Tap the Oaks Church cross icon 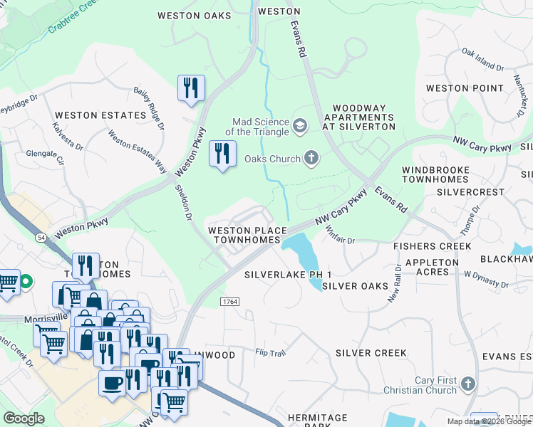coord(311,158)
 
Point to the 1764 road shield coord(229,302)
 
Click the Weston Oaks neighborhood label coord(194,15)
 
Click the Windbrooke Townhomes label coord(435,175)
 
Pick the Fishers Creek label coord(433,246)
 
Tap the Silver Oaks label coord(355,286)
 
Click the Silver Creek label coord(371,353)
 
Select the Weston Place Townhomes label coord(247,236)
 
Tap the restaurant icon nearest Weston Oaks coord(191,88)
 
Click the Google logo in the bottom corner coord(24,418)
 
